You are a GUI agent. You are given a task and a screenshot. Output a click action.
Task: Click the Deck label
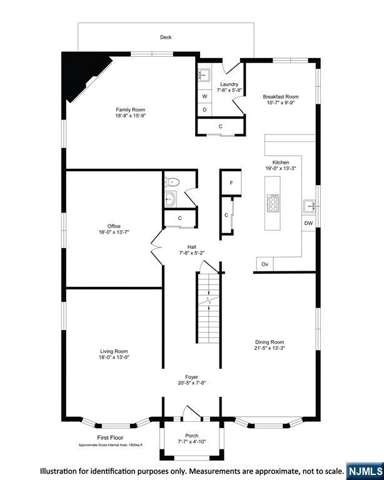(x=166, y=37)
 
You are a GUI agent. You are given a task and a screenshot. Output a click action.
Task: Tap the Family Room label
(x=130, y=110)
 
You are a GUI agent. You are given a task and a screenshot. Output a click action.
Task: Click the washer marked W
(x=205, y=96)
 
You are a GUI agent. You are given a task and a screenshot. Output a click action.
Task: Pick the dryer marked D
(x=205, y=110)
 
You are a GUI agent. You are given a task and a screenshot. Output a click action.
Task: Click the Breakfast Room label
(x=280, y=97)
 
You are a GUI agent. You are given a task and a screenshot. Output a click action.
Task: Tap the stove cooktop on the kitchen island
(x=273, y=202)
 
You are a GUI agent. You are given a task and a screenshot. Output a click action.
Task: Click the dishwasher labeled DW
(x=308, y=223)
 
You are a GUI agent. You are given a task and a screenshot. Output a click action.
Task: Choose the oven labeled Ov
(x=265, y=264)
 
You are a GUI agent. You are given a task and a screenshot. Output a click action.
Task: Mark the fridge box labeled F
(x=231, y=182)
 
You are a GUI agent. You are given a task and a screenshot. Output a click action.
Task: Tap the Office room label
(x=114, y=226)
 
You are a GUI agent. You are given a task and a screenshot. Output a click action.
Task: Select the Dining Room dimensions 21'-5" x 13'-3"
(x=270, y=349)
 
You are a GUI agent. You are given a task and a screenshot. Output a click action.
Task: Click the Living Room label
(x=114, y=351)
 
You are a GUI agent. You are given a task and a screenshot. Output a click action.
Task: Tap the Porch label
(x=191, y=436)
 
